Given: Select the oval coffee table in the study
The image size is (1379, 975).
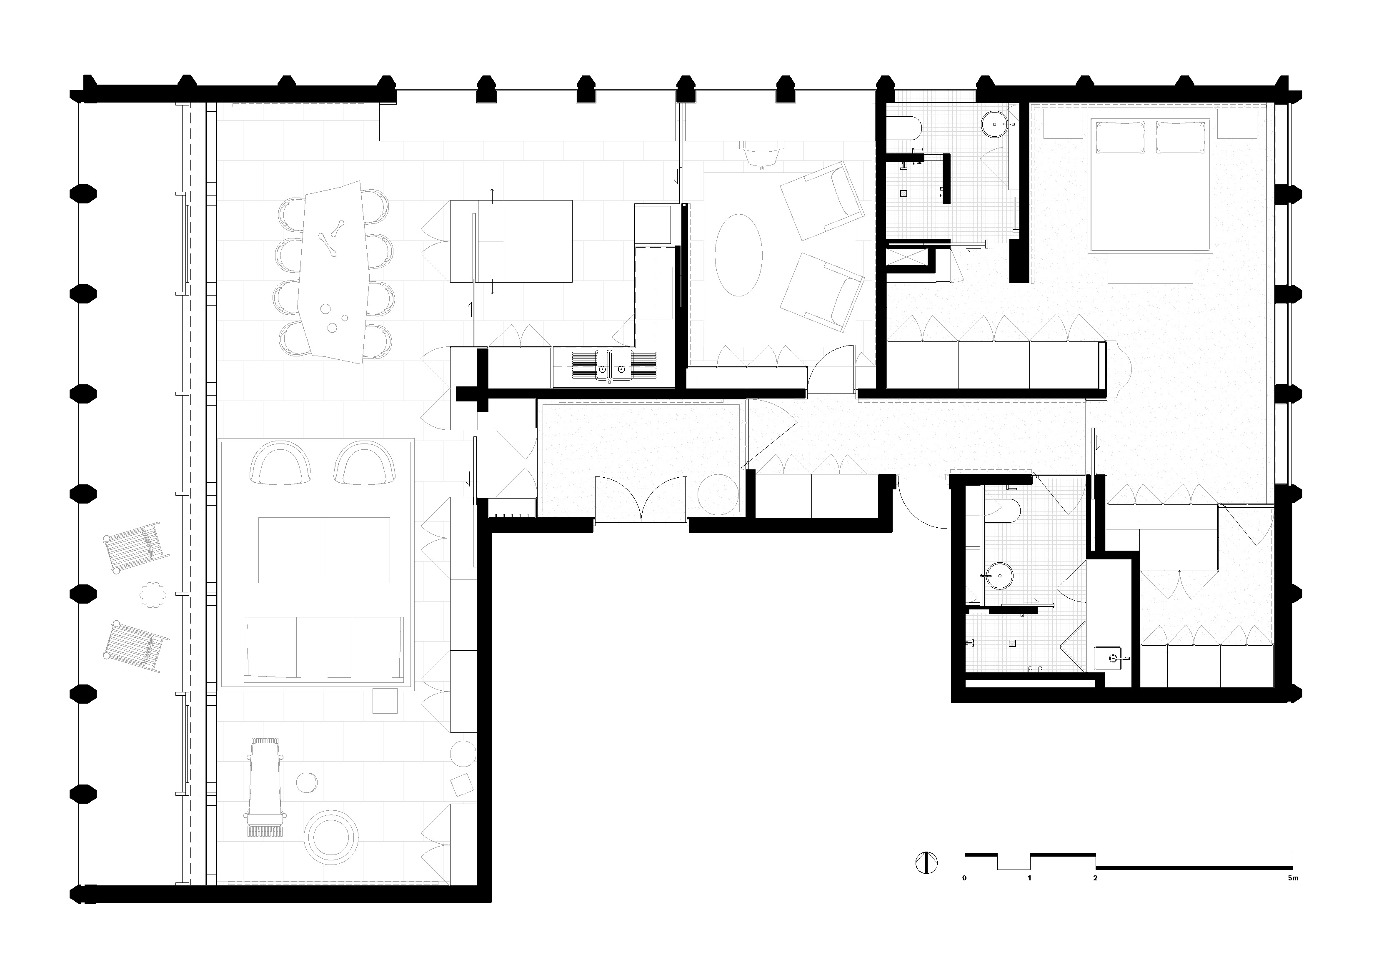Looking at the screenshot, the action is [739, 255].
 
